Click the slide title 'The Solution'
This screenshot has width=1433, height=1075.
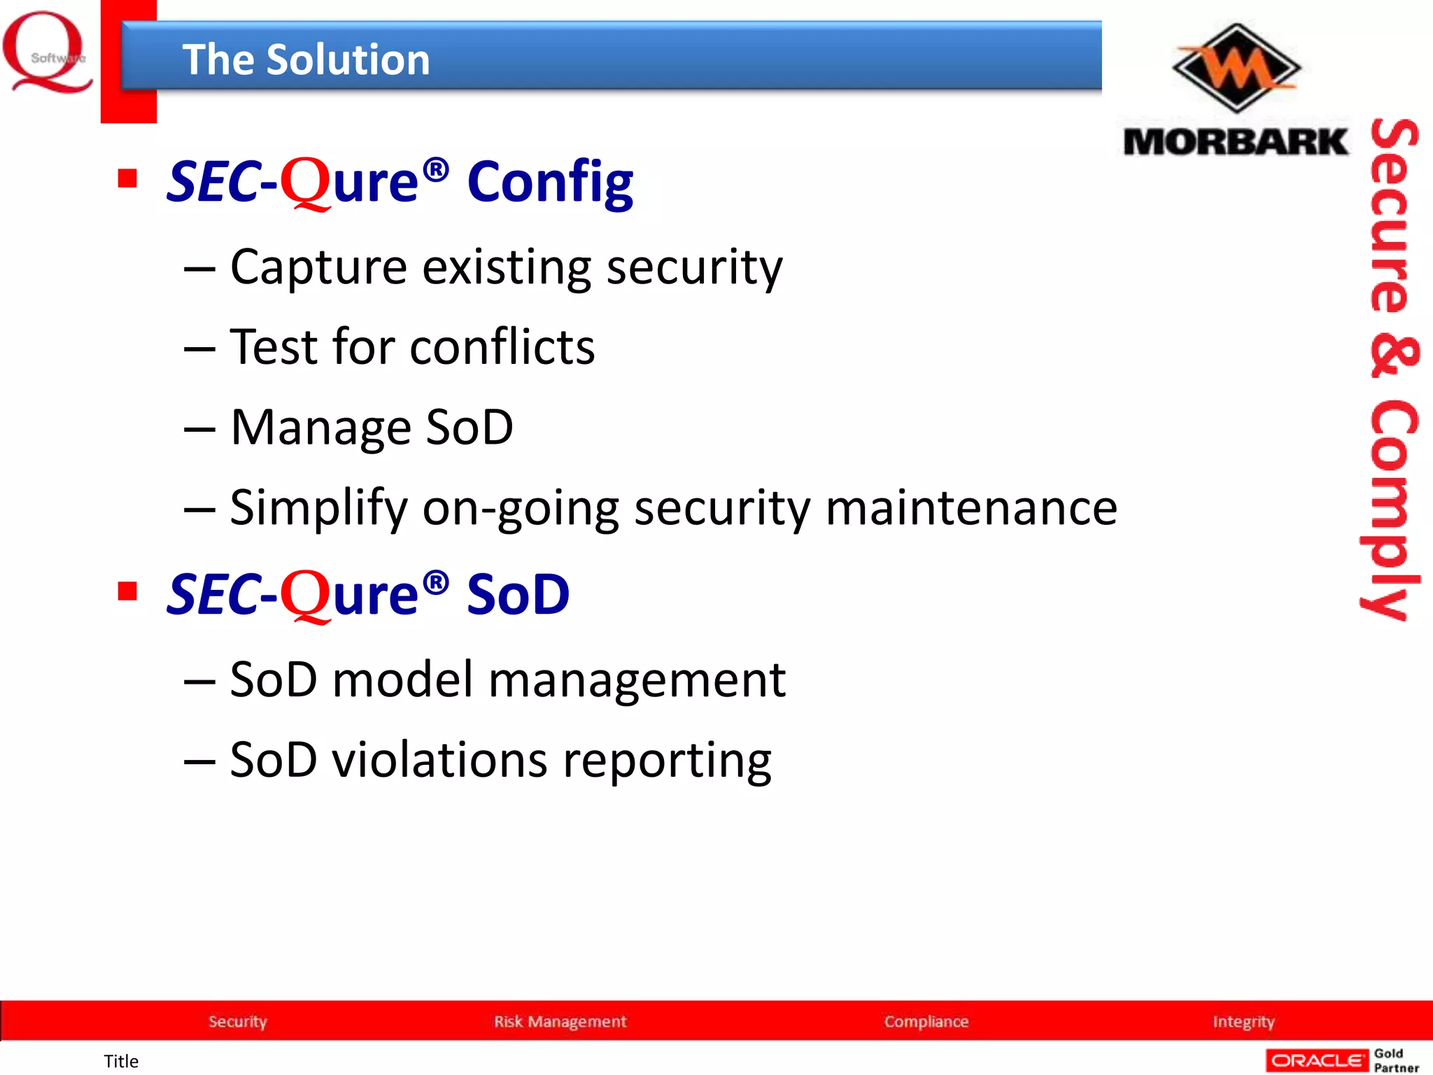306,59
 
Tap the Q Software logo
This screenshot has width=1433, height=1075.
48,52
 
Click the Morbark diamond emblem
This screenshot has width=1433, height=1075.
1236,68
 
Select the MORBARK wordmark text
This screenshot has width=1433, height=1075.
1235,142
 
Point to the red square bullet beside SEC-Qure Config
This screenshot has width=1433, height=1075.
127,178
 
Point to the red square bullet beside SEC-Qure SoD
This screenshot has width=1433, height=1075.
127,591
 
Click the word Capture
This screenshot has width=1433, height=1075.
318,267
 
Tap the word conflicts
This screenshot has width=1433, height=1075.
502,347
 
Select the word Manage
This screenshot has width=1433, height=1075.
320,428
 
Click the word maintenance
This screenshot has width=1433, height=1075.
971,507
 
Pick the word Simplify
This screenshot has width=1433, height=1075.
318,509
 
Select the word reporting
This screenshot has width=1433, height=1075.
667,761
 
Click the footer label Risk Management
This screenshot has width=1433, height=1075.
560,1021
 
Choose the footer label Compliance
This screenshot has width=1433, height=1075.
926,1021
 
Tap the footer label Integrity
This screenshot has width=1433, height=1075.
1243,1021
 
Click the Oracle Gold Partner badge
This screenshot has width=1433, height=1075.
1342,1060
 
